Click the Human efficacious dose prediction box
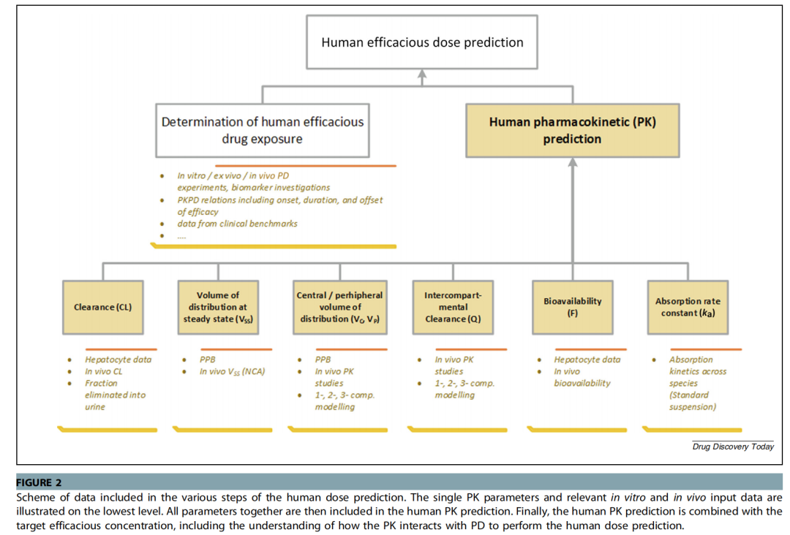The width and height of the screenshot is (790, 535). click(422, 42)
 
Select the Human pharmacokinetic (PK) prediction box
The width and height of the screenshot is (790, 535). click(572, 130)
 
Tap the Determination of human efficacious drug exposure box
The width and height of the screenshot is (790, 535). click(263, 130)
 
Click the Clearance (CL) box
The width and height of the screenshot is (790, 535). click(103, 307)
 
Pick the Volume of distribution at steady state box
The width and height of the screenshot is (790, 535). click(218, 307)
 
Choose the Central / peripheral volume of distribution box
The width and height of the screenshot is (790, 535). click(340, 307)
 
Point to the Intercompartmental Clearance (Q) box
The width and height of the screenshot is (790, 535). click(453, 307)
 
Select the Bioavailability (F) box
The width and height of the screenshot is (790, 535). click(572, 307)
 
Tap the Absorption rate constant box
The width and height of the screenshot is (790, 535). click(688, 307)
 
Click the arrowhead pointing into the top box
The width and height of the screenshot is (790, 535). click(422, 74)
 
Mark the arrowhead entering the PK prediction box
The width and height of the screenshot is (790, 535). click(572, 162)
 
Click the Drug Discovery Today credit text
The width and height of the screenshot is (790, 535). click(733, 447)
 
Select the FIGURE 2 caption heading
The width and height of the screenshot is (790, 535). click(39, 482)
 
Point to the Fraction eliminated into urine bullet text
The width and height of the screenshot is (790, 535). click(115, 395)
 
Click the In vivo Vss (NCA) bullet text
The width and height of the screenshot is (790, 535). click(232, 372)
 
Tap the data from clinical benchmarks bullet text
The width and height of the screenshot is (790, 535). click(237, 224)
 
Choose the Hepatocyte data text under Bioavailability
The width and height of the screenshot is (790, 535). click(587, 360)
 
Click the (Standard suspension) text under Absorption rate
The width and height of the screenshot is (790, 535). click(692, 401)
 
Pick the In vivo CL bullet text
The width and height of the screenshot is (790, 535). click(103, 371)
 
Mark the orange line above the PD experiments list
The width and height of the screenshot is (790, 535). click(305, 166)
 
